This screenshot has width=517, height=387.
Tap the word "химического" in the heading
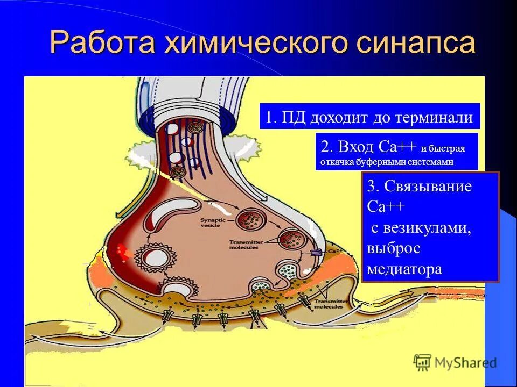tap(251, 43)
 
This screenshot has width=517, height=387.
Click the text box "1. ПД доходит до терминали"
tap(369, 117)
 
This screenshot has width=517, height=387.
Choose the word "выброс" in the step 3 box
tap(393, 248)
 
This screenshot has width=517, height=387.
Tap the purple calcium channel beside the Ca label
tap(316, 253)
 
